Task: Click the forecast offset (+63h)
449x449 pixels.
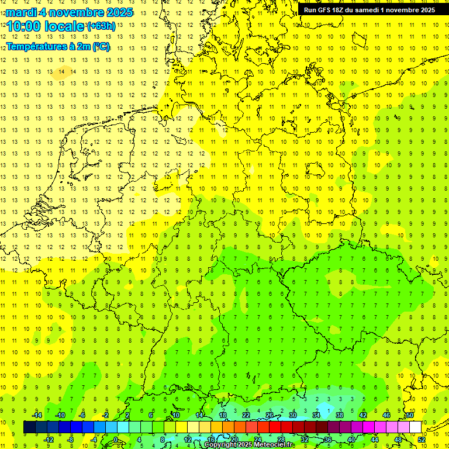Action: point(101,26)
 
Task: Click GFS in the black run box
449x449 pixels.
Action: point(326,10)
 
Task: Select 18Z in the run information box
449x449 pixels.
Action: point(342,10)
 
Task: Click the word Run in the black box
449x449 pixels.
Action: point(310,10)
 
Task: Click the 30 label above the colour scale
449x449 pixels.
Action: point(293,415)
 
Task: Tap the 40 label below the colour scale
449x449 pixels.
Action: point(351,439)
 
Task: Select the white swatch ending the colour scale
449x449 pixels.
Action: point(416,427)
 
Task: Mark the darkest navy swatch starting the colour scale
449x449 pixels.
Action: point(29,427)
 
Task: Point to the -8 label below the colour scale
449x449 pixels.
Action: point(70,439)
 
